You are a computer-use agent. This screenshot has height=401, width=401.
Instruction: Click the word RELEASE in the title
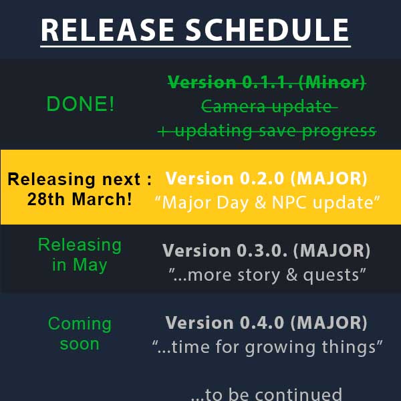[108, 30]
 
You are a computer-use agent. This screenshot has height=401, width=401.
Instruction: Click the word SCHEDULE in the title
[267, 30]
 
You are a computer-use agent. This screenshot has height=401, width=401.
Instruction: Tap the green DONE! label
[80, 104]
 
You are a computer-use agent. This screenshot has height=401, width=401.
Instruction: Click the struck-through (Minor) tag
[331, 83]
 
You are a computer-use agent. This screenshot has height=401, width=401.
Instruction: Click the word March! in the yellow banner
[102, 199]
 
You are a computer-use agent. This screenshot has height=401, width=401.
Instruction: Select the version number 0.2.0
[261, 178]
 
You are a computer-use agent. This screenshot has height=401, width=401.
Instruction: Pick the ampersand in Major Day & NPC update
[260, 203]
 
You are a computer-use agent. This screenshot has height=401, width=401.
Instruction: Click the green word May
[90, 266]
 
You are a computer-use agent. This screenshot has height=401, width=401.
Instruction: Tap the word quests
[331, 275]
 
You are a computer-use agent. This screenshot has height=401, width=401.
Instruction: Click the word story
[259, 275]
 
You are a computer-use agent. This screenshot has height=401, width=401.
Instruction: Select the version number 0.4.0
[262, 323]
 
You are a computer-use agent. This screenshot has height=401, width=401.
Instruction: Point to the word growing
[280, 348]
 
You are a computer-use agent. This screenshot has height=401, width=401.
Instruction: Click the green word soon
[80, 344]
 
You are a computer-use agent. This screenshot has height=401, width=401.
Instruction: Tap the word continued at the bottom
[298, 394]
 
